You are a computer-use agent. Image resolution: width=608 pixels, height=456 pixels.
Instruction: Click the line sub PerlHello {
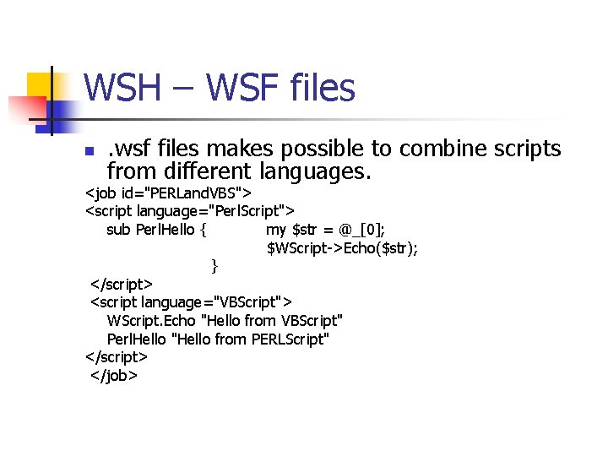pyautogui.click(x=158, y=230)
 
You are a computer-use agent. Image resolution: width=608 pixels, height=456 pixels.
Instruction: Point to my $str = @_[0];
pyautogui.click(x=326, y=230)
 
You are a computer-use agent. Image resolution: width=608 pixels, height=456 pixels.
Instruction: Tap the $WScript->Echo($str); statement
pyautogui.click(x=343, y=248)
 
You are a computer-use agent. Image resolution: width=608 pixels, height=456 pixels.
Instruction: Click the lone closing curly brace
pyautogui.click(x=214, y=266)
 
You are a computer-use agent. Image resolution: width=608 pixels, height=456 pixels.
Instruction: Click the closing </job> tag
pyautogui.click(x=114, y=375)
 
